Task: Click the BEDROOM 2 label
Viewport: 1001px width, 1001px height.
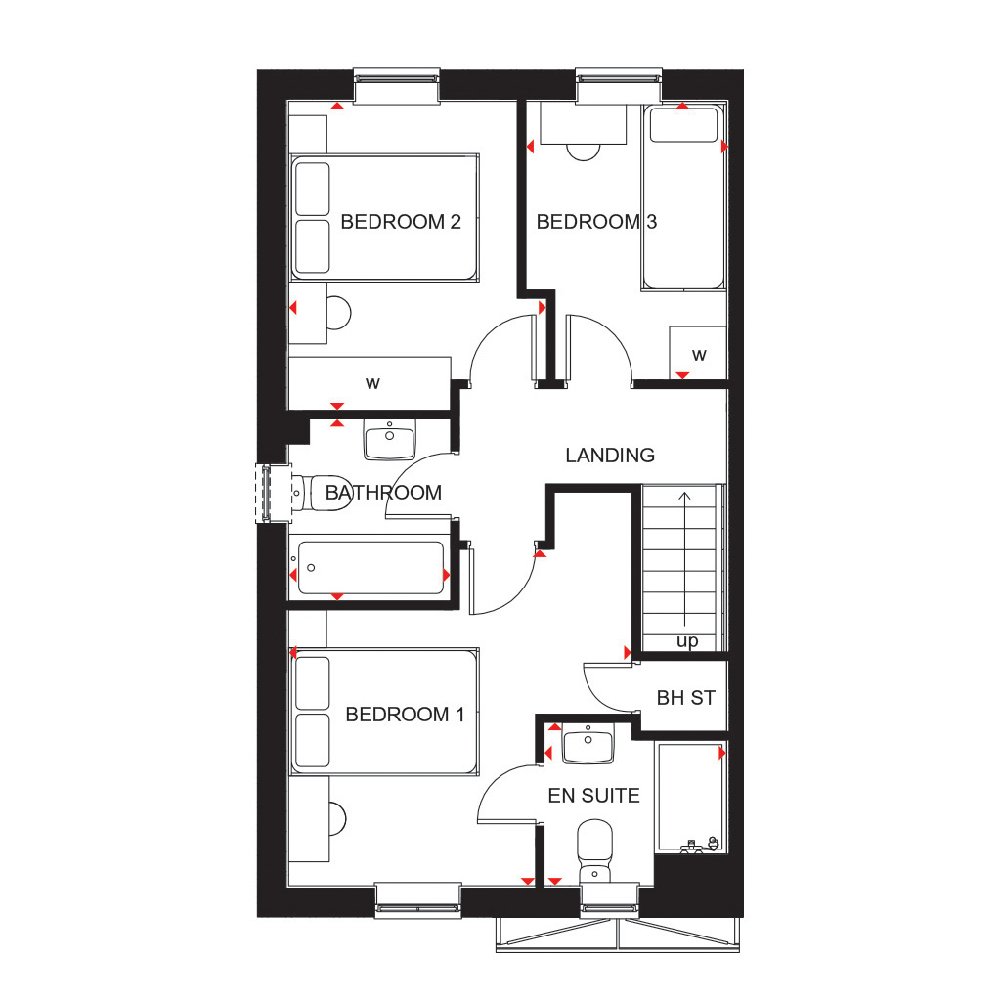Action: tap(400, 222)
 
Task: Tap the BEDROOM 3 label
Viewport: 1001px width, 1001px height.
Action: tap(596, 222)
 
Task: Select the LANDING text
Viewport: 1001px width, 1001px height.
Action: tap(610, 456)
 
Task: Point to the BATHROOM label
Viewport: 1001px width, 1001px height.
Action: tap(383, 493)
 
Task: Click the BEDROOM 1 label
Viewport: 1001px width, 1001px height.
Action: tap(405, 715)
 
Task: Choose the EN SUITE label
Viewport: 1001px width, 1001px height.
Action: tap(593, 796)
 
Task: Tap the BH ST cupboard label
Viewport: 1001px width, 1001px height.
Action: tap(685, 698)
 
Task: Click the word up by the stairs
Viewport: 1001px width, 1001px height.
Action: tap(687, 642)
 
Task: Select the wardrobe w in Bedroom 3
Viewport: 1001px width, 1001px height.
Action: tap(699, 353)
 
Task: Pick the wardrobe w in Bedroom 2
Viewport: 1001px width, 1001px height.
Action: tap(372, 383)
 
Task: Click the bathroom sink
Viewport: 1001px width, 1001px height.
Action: tap(389, 440)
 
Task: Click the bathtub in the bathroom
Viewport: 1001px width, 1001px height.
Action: tap(371, 568)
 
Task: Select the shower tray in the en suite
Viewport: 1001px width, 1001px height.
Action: tap(689, 797)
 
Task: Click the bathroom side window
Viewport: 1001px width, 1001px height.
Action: tap(267, 493)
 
